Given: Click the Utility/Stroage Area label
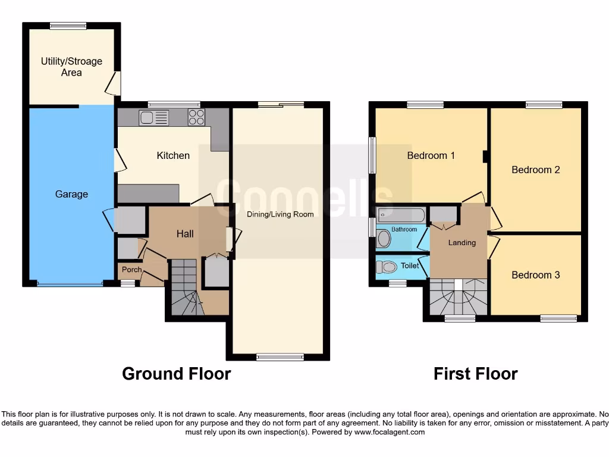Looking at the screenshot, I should coord(71,67).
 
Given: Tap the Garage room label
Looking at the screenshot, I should coord(71,194).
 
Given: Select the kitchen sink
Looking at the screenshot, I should coord(154,117).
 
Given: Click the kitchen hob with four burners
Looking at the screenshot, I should coord(196,117).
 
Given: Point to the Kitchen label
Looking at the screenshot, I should coord(173,155).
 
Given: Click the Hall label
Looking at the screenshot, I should coord(185,234).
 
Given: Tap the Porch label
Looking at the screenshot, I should coord(131,270).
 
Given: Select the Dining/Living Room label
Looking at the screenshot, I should coord(280,214).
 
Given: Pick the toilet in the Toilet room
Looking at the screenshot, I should coord(387,267).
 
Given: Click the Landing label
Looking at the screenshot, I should coord(462,242).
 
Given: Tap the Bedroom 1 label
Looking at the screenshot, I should coord(431,155).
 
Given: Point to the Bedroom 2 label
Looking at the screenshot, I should coord(536,170).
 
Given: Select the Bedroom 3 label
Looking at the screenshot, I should coord(536,275).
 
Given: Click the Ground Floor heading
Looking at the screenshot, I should coord(176,374).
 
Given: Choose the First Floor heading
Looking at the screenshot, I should coord(475,374).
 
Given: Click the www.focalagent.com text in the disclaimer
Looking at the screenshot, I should coord(390,432).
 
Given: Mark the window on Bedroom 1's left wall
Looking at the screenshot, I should coord(372,155).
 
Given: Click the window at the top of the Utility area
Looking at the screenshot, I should coord(68,26).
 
